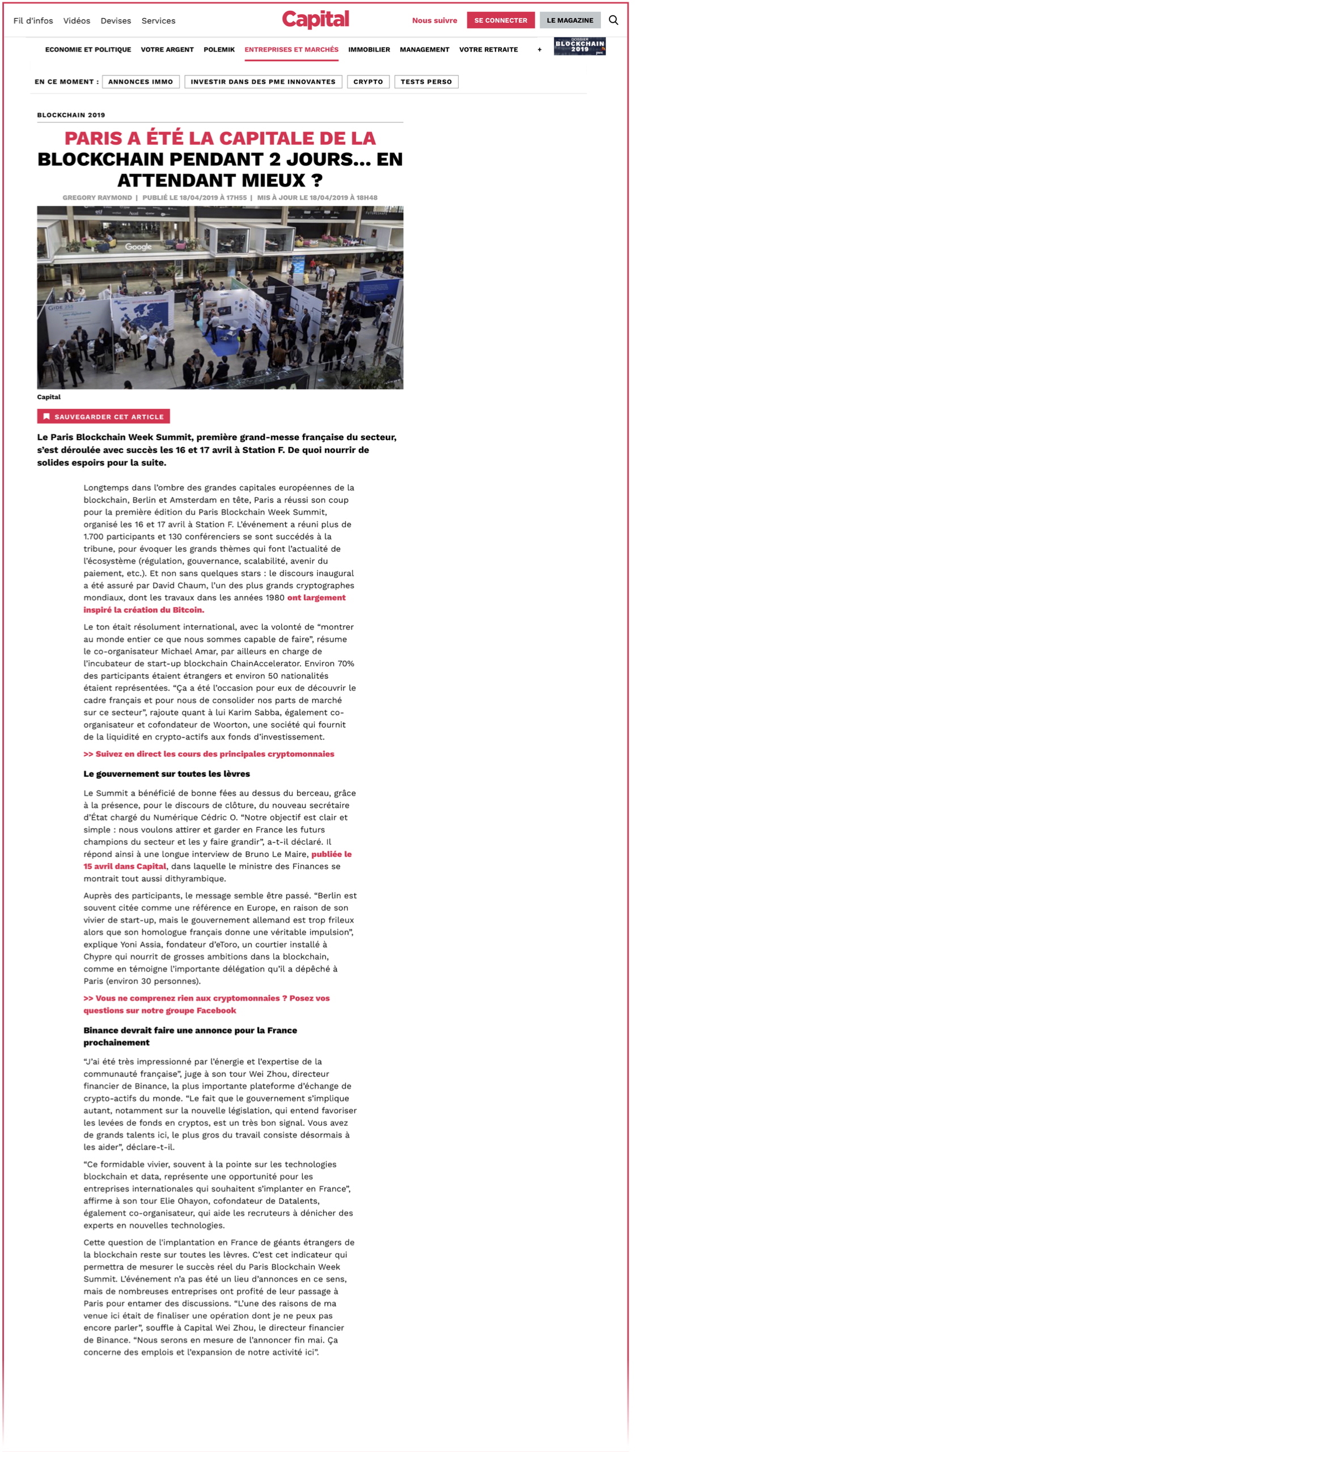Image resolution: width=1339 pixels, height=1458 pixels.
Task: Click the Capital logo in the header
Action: pos(315,20)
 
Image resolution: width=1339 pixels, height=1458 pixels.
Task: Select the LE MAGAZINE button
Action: pos(570,20)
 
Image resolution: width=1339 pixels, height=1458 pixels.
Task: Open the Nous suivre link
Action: pos(434,20)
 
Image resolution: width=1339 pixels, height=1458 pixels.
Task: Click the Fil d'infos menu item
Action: pos(33,21)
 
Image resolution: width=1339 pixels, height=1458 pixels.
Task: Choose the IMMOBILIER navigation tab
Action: pos(369,50)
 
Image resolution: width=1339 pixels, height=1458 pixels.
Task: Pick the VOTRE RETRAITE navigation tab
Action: pos(488,50)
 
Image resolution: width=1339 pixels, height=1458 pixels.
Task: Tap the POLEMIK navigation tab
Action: pos(219,50)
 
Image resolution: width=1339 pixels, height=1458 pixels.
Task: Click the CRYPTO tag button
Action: pos(368,82)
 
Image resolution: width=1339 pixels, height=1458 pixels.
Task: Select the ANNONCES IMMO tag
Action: pos(141,82)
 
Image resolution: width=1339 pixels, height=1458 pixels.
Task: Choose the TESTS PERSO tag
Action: pos(426,82)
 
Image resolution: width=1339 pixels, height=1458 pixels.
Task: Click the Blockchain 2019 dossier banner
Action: pos(580,47)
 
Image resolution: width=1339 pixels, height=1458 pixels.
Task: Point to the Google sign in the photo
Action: pos(138,247)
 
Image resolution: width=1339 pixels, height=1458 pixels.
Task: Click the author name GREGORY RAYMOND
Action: pos(97,198)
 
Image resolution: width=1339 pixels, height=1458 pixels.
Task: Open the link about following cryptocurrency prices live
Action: pos(209,754)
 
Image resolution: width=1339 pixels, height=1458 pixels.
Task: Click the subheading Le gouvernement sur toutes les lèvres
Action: pos(167,774)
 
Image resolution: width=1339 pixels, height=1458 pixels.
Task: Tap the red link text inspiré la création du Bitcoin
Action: pos(143,610)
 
